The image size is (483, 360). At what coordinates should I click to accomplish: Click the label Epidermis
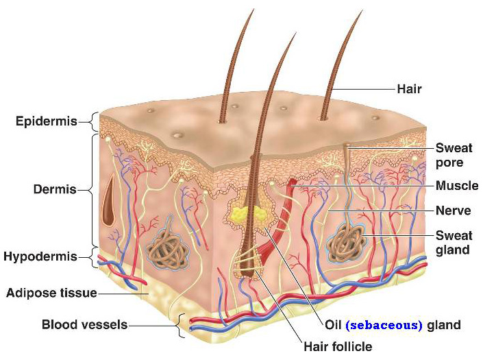pos(47,121)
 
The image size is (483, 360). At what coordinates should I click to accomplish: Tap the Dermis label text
pos(55,189)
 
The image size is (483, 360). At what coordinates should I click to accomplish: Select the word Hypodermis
pos(40,256)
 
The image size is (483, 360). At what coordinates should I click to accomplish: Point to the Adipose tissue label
pos(51,293)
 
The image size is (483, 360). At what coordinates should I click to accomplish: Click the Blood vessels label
pos(85,324)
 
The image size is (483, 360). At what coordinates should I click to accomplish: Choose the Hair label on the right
pos(409,89)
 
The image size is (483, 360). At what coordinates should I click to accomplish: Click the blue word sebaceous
pos(384,325)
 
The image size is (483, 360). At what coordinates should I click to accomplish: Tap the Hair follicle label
pos(338,347)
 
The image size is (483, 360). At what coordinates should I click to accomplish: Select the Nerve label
pos(453,211)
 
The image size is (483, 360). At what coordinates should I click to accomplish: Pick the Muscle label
pos(457,186)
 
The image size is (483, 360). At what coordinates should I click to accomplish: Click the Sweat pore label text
pos(454,156)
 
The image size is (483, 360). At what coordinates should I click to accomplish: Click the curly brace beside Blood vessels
pos(181,326)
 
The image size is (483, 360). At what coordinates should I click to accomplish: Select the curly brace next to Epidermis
pos(94,122)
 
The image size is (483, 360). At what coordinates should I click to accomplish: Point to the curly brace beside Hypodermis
pos(95,256)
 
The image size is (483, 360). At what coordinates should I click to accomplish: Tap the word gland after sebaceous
pos(444,325)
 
